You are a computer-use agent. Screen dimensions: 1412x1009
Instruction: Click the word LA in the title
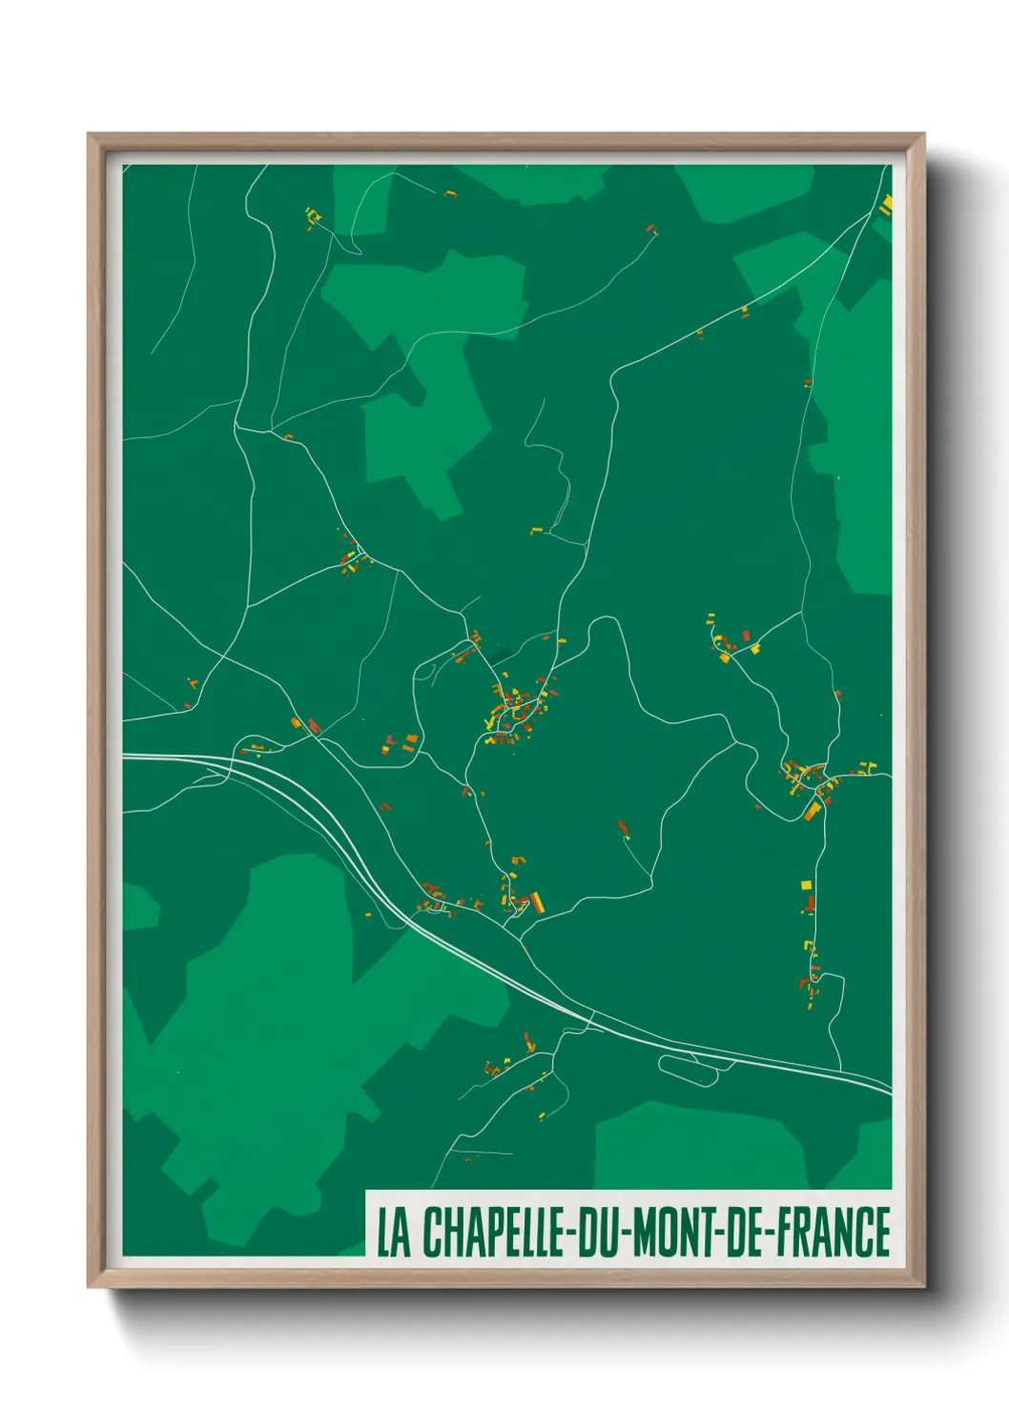pyautogui.click(x=393, y=1233)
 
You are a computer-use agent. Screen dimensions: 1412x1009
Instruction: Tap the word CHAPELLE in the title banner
pyautogui.click(x=494, y=1233)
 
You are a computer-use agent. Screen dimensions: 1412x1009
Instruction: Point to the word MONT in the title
pyautogui.click(x=673, y=1233)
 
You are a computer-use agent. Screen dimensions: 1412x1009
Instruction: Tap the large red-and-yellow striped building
pyautogui.click(x=538, y=902)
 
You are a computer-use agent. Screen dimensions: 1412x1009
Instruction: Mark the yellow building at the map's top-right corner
pyautogui.click(x=886, y=203)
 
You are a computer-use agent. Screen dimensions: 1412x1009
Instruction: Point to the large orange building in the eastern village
pyautogui.click(x=813, y=810)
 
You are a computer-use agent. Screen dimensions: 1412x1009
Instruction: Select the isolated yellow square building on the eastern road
pyautogui.click(x=805, y=885)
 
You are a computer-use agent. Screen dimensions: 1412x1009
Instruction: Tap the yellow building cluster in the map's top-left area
pyautogui.click(x=313, y=218)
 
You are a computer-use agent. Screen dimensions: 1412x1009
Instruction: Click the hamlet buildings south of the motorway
pyautogui.click(x=505, y=1059)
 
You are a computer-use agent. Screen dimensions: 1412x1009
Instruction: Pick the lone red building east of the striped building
pyautogui.click(x=623, y=827)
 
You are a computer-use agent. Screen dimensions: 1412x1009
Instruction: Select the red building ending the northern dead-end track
pyautogui.click(x=652, y=229)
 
